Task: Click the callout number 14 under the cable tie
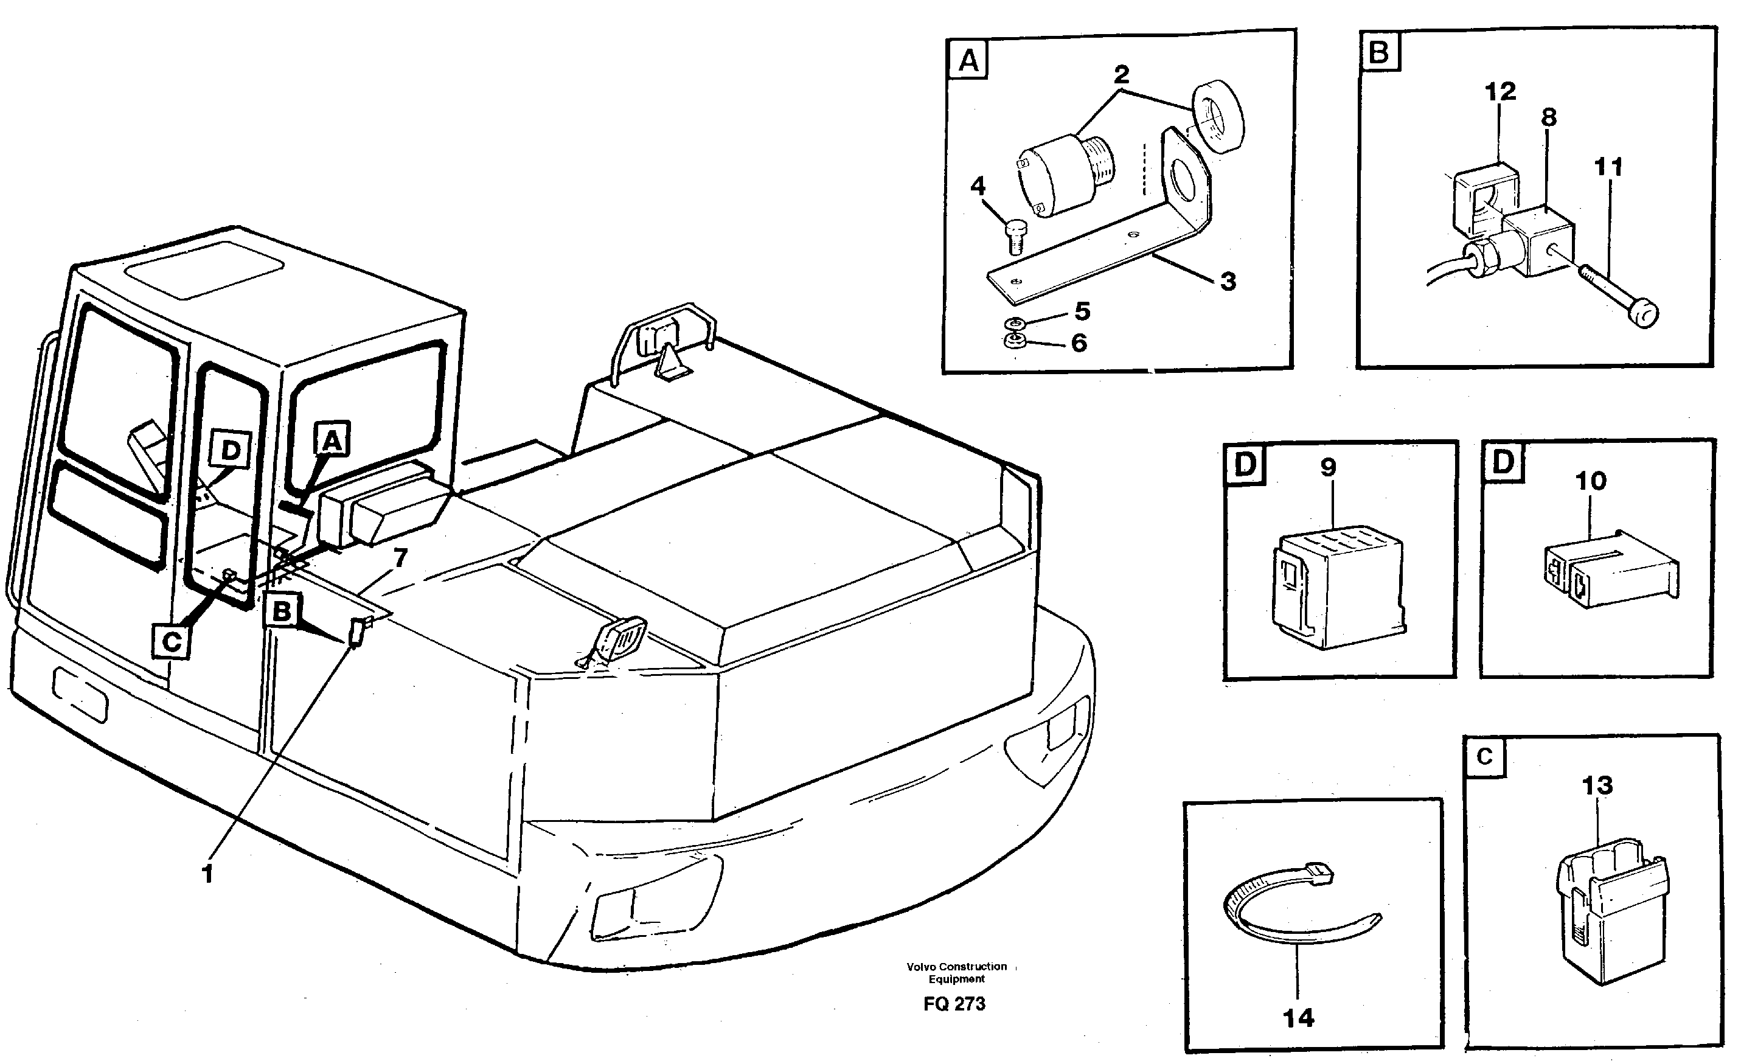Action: (x=1298, y=1018)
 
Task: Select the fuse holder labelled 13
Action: (x=1613, y=919)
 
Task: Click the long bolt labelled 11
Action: (x=1618, y=297)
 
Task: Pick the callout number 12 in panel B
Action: (x=1500, y=92)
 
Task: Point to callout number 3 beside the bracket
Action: (x=1228, y=281)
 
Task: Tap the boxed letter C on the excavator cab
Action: (x=172, y=642)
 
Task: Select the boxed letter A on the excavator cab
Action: (x=332, y=441)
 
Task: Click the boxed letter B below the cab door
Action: (x=282, y=611)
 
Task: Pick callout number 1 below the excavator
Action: (x=207, y=875)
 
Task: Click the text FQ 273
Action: (x=954, y=1004)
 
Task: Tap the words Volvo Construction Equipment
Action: (x=957, y=973)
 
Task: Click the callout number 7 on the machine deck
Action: (x=400, y=558)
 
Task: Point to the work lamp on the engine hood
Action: (x=622, y=640)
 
